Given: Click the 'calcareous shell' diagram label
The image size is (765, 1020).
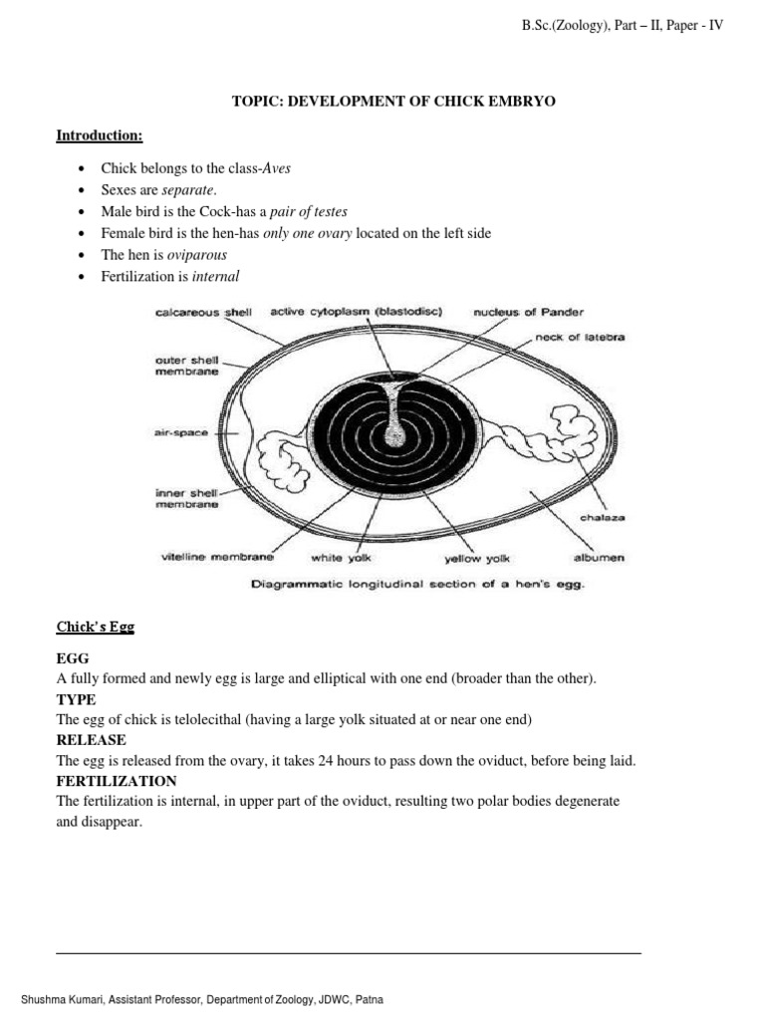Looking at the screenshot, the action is (204, 312).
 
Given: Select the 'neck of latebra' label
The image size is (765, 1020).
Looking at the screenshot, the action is (580, 337).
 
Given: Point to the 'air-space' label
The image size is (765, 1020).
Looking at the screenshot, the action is (181, 434).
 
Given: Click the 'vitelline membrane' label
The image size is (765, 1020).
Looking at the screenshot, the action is (216, 558).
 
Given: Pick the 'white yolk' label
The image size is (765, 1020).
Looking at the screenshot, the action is (342, 559).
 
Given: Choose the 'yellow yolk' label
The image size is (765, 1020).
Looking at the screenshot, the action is (477, 559).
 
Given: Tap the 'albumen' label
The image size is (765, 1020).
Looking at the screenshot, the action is (599, 558).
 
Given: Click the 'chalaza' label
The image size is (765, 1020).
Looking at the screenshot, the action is (603, 518).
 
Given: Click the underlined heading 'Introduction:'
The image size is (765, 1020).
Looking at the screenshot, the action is (100, 134).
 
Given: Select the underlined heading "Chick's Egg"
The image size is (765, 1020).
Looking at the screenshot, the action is (95, 627).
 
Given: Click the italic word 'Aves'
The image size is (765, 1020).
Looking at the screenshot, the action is (276, 168).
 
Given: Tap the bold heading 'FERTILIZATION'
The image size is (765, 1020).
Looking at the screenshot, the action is (117, 781).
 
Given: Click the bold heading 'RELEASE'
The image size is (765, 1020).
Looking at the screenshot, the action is (91, 740).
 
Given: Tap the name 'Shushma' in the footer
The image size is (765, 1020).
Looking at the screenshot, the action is (44, 999).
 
